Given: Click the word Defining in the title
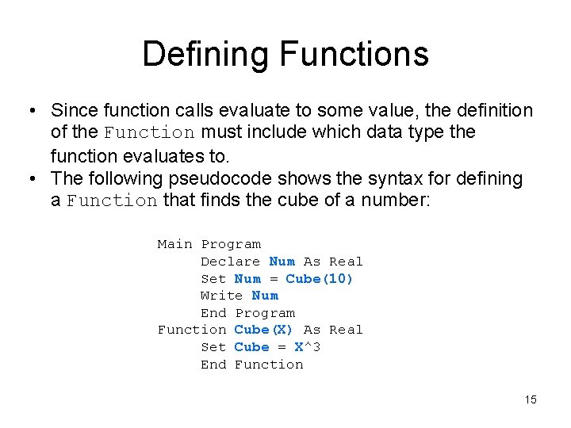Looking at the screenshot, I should [x=205, y=54].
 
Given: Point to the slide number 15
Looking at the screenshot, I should [x=531, y=399].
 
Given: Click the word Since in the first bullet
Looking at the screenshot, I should [x=74, y=110].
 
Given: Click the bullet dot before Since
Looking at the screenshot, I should [x=30, y=111].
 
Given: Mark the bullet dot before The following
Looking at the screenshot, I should [x=30, y=179].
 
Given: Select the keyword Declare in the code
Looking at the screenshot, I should [x=230, y=262].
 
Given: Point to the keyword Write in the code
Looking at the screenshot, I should [x=221, y=296].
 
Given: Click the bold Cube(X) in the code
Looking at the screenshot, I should [x=264, y=330].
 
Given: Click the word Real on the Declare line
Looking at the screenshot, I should [x=346, y=262].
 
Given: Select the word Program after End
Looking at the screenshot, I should [x=265, y=313].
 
